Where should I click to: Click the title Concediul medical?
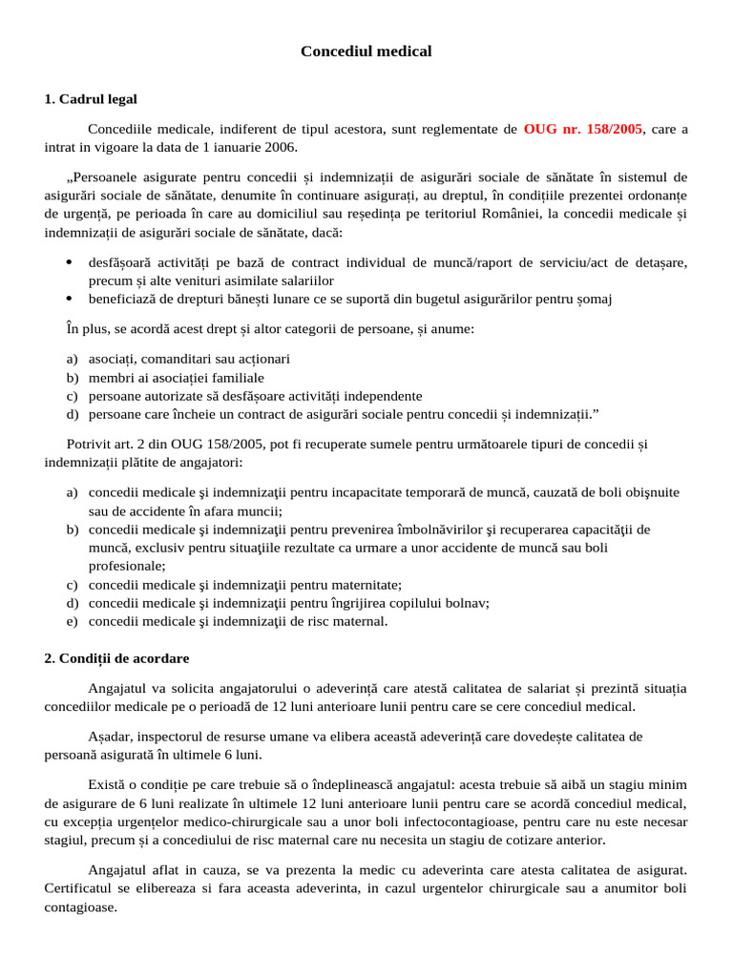[x=366, y=52]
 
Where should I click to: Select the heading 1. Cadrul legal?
[x=91, y=98]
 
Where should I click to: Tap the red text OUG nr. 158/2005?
[x=583, y=129]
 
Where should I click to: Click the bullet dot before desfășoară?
[x=70, y=262]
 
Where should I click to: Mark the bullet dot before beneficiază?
[x=70, y=299]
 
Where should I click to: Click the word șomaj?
[x=592, y=299]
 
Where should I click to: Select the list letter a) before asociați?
[x=73, y=359]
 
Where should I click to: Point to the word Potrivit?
[x=90, y=444]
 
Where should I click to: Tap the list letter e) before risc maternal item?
[x=73, y=621]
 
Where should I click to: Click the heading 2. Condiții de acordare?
[x=116, y=658]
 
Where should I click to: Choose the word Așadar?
[x=110, y=737]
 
